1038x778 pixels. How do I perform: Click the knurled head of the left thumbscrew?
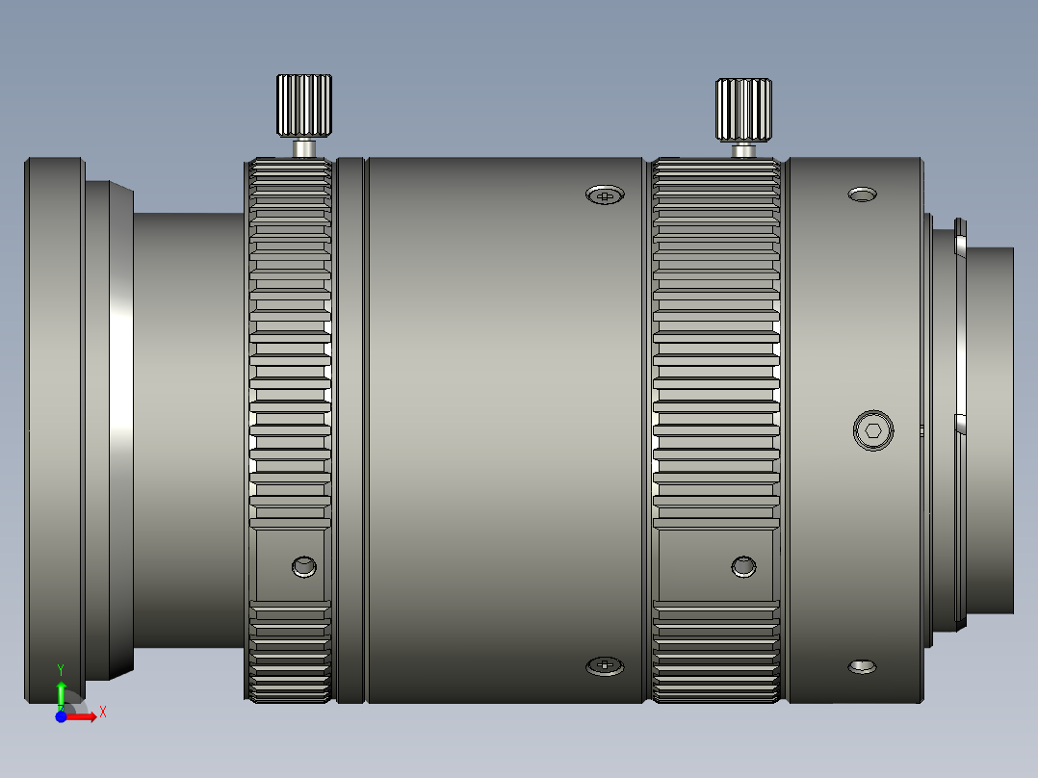click(x=304, y=105)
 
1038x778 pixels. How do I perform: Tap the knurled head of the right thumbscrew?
click(x=743, y=109)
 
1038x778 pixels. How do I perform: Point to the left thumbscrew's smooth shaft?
click(x=304, y=148)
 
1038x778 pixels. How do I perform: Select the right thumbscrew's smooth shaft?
click(x=743, y=150)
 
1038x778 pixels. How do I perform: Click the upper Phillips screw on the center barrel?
click(x=605, y=195)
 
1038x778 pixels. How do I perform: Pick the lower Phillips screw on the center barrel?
click(x=605, y=664)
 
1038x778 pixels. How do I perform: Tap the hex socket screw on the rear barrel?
click(x=873, y=429)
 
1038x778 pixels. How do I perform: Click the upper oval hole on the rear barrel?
click(x=862, y=194)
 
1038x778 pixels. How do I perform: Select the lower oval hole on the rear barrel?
click(x=862, y=666)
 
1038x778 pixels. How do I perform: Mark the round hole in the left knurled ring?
click(x=304, y=565)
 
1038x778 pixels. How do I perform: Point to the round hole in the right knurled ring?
click(x=743, y=566)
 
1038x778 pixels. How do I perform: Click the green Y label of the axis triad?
click(x=61, y=667)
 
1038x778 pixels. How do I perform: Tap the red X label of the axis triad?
click(x=102, y=712)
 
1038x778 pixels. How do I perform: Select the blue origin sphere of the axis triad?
click(x=61, y=716)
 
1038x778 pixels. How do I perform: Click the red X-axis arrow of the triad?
click(x=85, y=716)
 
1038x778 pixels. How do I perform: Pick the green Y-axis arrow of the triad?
click(x=61, y=693)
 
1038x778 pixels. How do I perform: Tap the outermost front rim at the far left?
click(x=54, y=429)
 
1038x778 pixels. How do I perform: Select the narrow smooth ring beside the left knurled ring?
click(x=350, y=429)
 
